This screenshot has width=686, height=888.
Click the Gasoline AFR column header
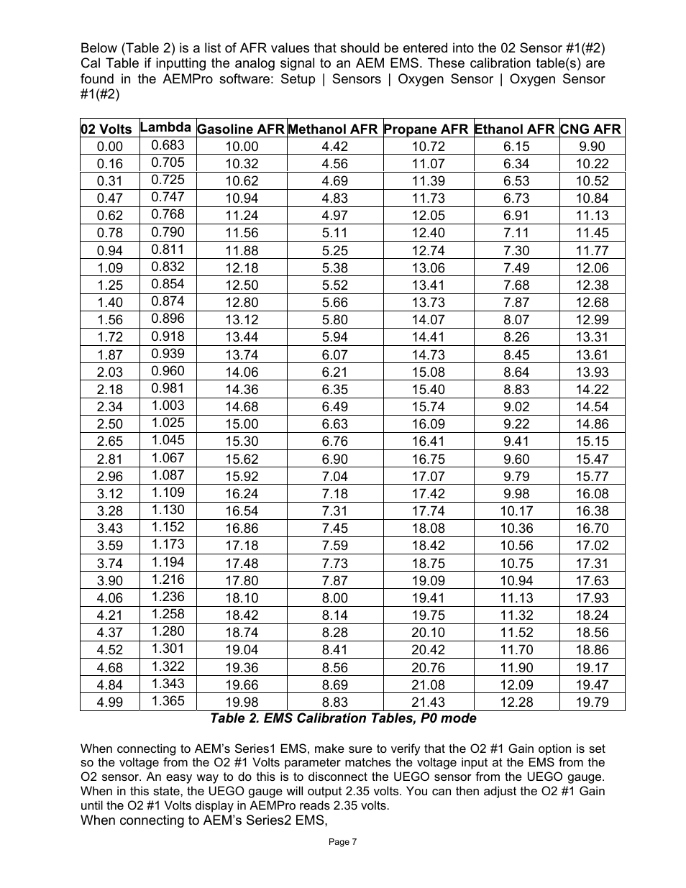click(241, 129)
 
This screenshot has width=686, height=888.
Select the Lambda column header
click(165, 127)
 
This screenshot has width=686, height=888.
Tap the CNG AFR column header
click(590, 129)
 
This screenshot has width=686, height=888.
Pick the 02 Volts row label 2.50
click(109, 424)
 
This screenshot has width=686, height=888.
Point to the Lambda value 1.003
click(168, 406)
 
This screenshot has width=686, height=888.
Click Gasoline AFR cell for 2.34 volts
click(242, 407)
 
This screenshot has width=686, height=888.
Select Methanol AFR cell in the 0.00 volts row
click(334, 147)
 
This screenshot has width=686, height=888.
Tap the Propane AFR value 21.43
click(428, 702)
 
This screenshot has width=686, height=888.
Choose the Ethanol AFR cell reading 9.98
click(516, 494)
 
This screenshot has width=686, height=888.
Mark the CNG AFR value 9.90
click(592, 147)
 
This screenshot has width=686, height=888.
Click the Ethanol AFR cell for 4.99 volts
click(516, 702)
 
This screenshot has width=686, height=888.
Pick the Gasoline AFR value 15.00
click(242, 424)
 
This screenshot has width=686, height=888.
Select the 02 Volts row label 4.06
click(109, 598)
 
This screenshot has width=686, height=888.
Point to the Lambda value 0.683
click(168, 145)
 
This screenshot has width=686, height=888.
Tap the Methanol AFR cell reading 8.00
click(334, 598)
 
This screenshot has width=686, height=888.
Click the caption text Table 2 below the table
click(342, 718)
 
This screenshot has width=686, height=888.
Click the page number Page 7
click(342, 842)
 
